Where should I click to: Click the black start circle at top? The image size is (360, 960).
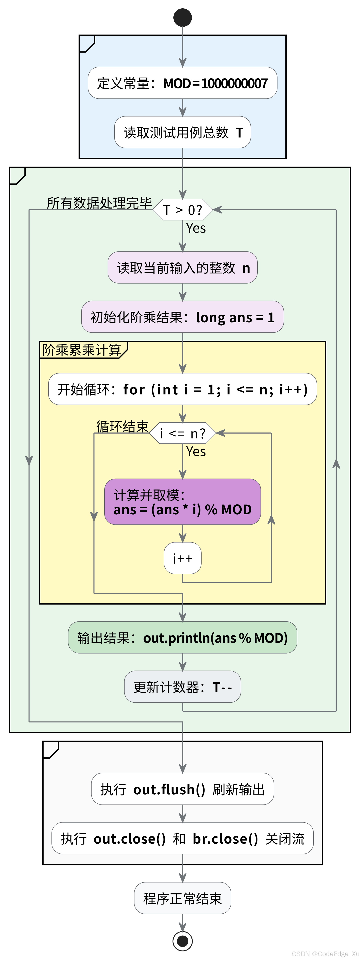coord(183,18)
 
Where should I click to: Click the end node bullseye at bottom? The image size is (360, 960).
coord(183,941)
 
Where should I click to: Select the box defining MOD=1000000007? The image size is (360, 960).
coord(183,83)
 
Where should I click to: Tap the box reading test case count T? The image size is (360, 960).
coord(183,132)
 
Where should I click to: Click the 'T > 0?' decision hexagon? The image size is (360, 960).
coord(183,210)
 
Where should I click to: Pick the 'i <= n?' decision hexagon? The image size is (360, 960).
coord(183,433)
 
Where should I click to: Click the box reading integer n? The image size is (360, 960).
coord(183,267)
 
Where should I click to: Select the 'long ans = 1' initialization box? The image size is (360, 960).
coord(183,317)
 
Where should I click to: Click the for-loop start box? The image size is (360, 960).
coord(183,389)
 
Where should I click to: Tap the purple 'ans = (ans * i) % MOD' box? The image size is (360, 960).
coord(183,502)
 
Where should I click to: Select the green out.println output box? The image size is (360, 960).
coord(183,638)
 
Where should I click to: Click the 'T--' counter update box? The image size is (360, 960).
coord(183,687)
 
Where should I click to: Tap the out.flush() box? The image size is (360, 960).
coord(183,789)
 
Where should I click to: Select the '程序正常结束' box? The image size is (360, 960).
coord(183,898)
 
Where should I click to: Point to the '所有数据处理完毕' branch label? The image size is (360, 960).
coord(99,203)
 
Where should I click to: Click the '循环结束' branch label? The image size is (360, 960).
coord(122,426)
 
